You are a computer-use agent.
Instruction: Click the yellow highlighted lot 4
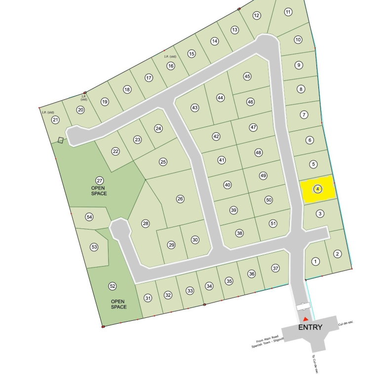[x=318, y=189]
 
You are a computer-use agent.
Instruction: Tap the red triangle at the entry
[x=306, y=319]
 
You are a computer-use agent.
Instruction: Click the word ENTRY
[x=310, y=327]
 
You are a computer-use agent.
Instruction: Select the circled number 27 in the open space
[x=99, y=181]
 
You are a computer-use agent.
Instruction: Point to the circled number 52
[x=113, y=286]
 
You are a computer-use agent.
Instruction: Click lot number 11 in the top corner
[x=288, y=12]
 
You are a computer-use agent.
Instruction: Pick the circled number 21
[x=55, y=120]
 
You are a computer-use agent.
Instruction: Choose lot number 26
[x=180, y=199]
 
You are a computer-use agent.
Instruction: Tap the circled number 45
[x=247, y=77]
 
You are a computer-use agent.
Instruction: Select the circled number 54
[x=89, y=217]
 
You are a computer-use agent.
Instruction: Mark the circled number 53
[x=94, y=247]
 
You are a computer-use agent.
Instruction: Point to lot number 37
[x=276, y=268]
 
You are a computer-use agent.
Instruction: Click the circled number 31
[x=148, y=298]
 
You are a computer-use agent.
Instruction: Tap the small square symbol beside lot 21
[x=61, y=140]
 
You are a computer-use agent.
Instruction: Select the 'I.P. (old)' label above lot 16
[x=170, y=56]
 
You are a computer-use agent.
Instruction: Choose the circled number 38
[x=239, y=233]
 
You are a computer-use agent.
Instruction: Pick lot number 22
[x=115, y=152]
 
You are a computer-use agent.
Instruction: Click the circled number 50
[x=269, y=200]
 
